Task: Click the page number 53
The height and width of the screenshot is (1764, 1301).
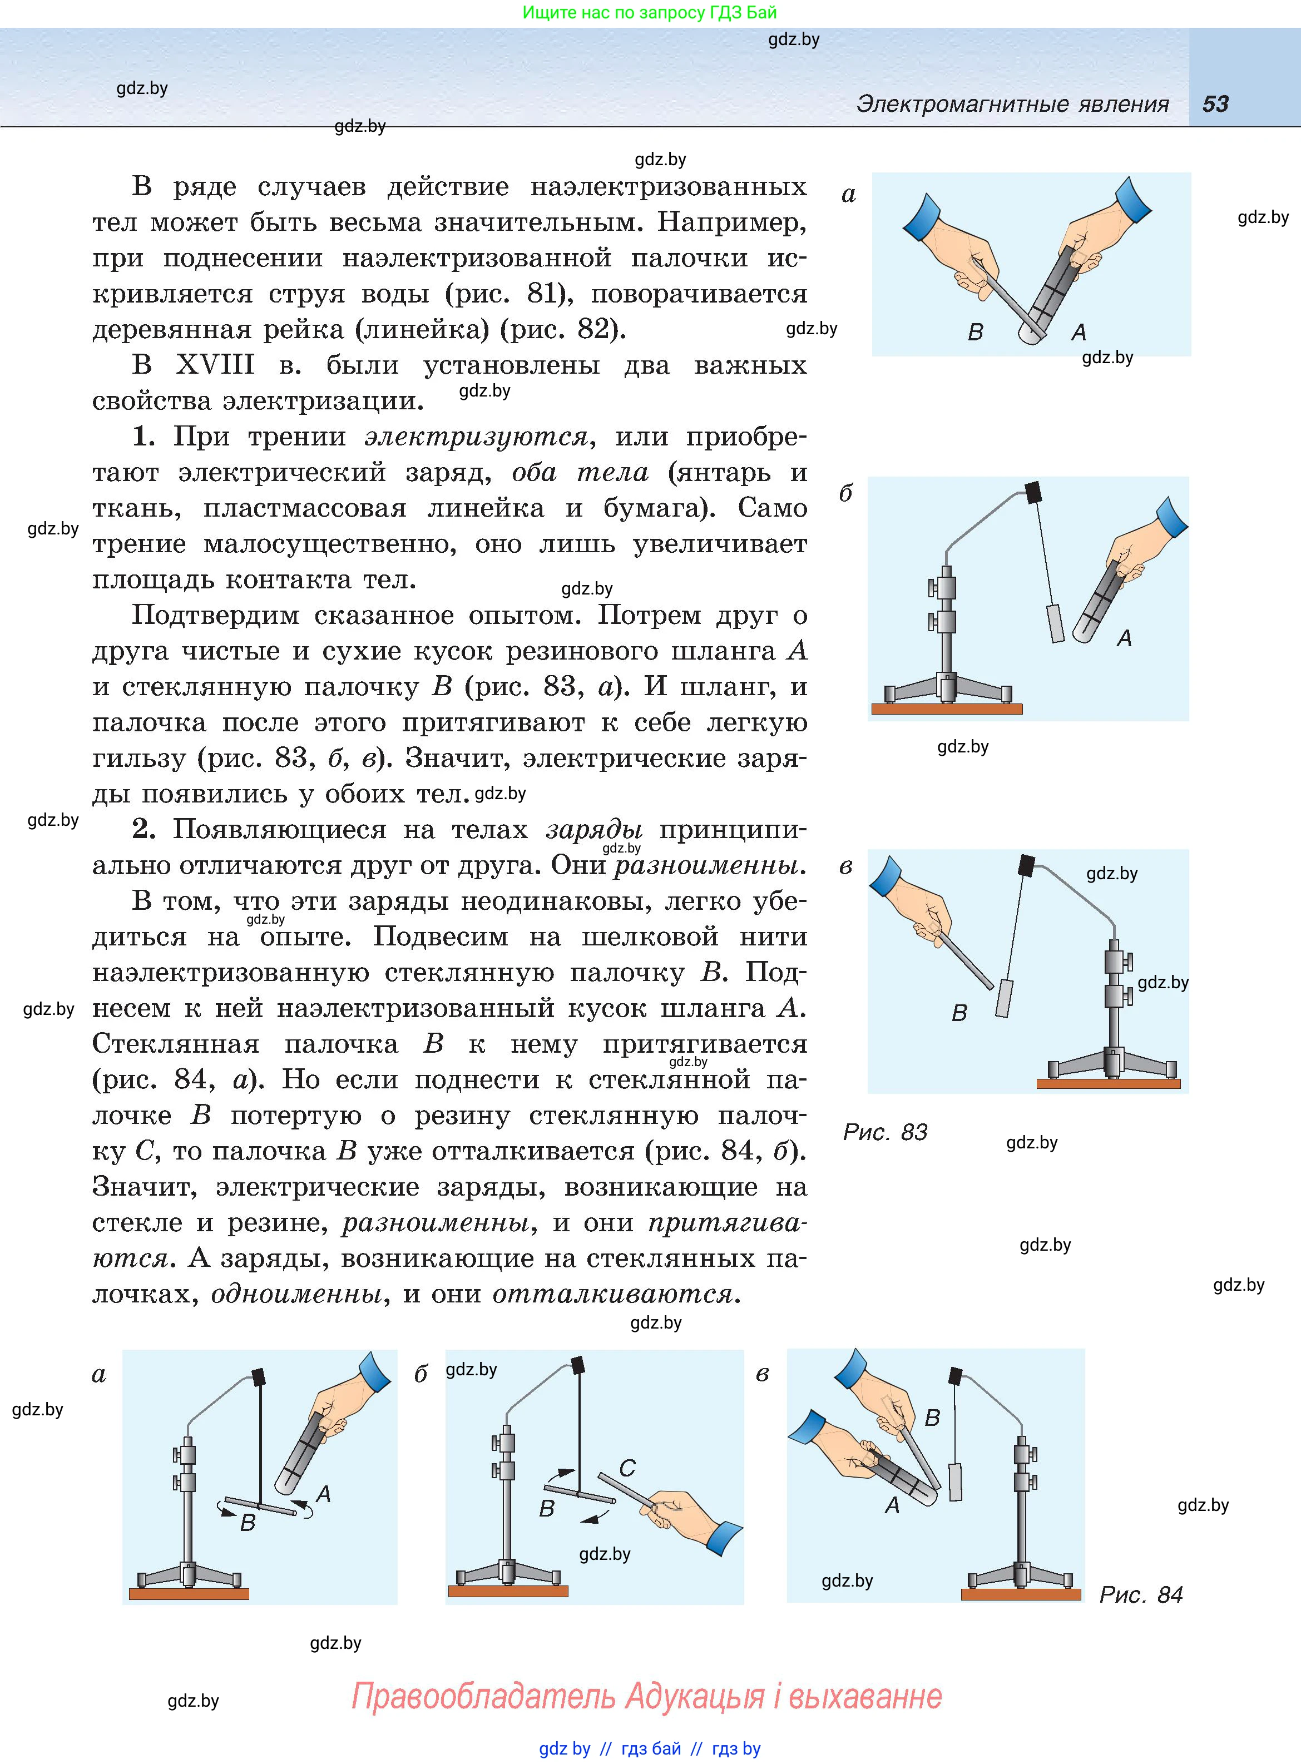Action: (x=1215, y=104)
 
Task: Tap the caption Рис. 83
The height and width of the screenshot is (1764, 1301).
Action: (x=885, y=1132)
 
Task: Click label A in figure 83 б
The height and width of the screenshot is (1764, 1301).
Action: (x=1125, y=638)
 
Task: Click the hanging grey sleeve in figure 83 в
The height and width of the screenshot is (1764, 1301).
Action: (x=1004, y=998)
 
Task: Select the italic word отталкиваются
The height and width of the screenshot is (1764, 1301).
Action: (x=613, y=1294)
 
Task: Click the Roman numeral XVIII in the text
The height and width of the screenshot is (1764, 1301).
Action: (x=215, y=365)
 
